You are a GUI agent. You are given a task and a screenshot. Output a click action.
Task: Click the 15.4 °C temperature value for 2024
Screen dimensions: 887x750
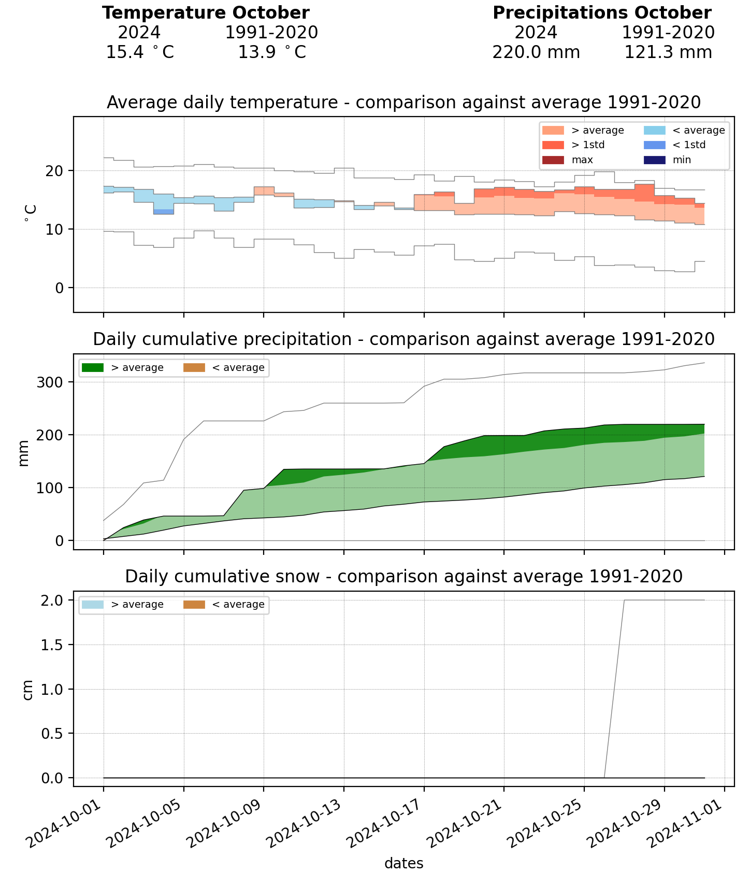pos(140,52)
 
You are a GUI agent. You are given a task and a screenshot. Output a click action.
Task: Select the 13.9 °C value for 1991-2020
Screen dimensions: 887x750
pos(272,52)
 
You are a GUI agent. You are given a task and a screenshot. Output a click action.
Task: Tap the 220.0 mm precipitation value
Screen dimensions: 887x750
pos(536,52)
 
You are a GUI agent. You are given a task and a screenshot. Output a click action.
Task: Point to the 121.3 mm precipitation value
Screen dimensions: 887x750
pos(668,52)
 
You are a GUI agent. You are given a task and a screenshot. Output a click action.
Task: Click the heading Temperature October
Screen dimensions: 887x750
pos(206,13)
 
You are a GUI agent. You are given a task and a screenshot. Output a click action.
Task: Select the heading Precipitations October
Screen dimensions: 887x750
pos(602,13)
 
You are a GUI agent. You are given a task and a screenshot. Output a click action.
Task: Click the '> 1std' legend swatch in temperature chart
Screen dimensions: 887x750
pos(553,145)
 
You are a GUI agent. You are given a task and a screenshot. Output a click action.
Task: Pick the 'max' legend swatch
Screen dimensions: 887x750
pos(553,160)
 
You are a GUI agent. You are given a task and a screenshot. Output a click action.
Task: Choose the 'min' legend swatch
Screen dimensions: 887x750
pos(654,160)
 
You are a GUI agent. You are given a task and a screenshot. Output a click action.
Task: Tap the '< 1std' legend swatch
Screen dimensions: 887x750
pos(654,145)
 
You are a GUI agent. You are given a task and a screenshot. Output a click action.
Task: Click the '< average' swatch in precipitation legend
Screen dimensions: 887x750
pos(194,368)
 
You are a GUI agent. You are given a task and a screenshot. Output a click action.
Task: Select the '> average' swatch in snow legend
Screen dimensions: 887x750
pos(93,605)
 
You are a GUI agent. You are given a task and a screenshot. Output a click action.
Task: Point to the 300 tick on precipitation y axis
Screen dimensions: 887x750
pos(51,382)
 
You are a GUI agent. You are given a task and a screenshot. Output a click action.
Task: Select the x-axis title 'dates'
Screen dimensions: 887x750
pos(404,864)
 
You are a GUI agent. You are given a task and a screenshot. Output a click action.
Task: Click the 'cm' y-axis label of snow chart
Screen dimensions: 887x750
pos(28,689)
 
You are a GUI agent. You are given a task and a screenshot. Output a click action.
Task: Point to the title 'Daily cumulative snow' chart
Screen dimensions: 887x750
pos(404,576)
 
